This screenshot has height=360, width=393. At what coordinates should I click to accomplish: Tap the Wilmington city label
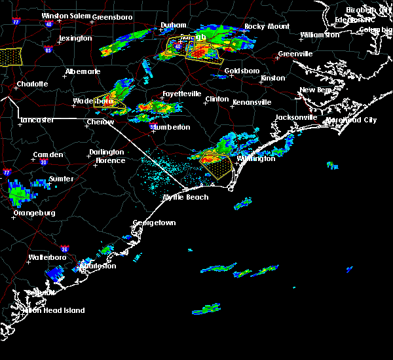pyautogui.click(x=256, y=158)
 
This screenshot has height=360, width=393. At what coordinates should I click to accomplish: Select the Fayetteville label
pyautogui.click(x=181, y=94)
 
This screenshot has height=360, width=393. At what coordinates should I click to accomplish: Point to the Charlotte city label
pyautogui.click(x=32, y=84)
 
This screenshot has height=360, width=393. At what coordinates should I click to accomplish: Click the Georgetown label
pyautogui.click(x=155, y=223)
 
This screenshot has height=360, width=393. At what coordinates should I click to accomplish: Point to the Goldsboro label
pyautogui.click(x=242, y=71)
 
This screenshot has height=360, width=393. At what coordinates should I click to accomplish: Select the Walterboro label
pyautogui.click(x=49, y=258)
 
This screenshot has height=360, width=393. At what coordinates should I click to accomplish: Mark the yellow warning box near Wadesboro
pyautogui.click(x=109, y=103)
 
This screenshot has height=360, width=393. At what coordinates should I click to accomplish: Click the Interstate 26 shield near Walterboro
pyautogui.click(x=65, y=249)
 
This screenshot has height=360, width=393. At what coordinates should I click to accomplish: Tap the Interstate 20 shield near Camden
pyautogui.click(x=43, y=162)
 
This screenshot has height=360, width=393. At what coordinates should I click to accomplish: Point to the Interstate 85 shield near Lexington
pyautogui.click(x=47, y=50)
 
